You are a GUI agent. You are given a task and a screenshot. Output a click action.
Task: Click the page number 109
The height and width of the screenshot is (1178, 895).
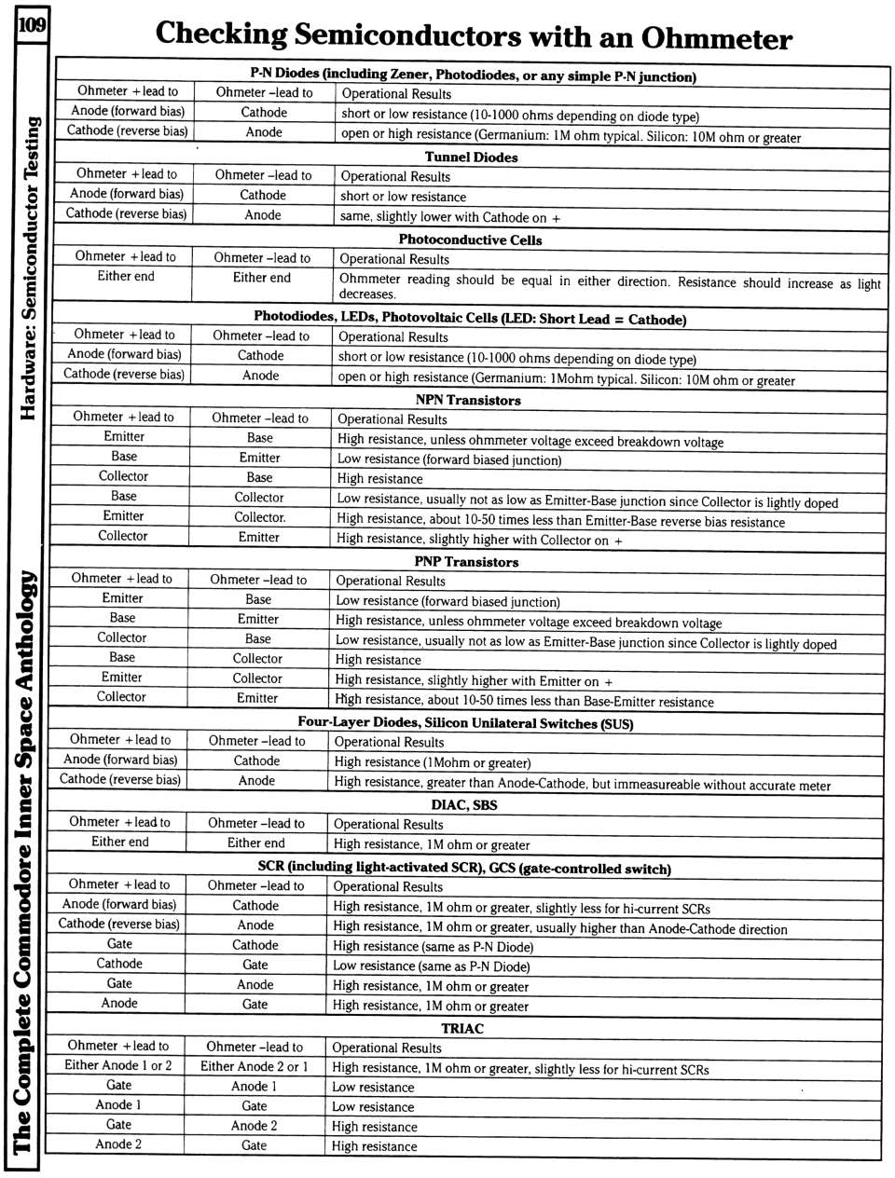click(x=30, y=22)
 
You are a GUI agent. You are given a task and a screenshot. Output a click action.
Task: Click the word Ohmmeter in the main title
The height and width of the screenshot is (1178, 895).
click(x=716, y=38)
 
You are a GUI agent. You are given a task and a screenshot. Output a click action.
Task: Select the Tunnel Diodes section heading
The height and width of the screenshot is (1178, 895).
click(x=471, y=157)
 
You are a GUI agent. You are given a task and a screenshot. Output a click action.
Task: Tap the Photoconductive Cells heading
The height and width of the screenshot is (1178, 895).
click(x=470, y=239)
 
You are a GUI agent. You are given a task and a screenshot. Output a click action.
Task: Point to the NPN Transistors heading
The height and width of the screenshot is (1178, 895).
click(x=468, y=400)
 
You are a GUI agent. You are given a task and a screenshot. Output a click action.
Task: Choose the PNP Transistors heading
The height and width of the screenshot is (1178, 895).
click(x=466, y=561)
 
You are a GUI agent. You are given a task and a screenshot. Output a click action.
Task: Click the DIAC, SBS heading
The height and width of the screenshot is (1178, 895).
click(x=464, y=804)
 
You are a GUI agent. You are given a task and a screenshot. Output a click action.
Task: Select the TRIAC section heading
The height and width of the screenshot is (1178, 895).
click(x=462, y=1028)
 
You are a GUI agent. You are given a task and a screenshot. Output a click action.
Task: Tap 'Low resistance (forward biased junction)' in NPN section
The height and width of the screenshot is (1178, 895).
click(x=449, y=459)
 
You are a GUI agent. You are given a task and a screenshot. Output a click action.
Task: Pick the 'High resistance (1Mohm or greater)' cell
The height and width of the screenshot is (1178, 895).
click(x=433, y=762)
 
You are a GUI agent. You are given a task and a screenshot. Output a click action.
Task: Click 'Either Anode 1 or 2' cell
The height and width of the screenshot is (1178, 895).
click(x=118, y=1065)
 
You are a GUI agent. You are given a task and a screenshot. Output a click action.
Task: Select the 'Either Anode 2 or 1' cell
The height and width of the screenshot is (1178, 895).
click(x=255, y=1066)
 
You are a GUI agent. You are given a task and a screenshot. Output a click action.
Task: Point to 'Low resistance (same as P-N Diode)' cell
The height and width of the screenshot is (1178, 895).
click(x=432, y=966)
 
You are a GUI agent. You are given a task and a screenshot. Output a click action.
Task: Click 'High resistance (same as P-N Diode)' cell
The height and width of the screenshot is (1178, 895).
click(x=434, y=946)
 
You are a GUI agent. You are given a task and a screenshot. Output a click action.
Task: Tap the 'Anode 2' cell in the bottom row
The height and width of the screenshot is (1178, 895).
click(x=118, y=1144)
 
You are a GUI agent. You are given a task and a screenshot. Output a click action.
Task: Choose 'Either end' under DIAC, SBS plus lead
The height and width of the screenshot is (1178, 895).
click(x=120, y=842)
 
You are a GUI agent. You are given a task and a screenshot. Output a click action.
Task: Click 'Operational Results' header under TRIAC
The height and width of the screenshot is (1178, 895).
click(x=387, y=1048)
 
